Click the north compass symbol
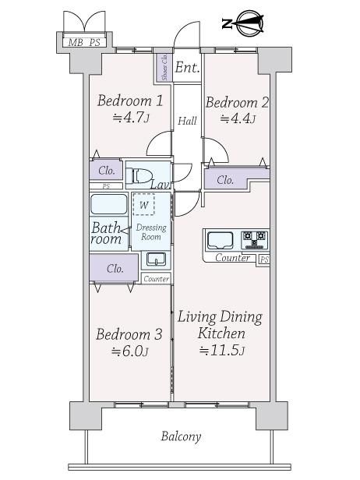[x=243, y=23]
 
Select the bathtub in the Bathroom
[x=109, y=204]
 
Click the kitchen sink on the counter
[x=220, y=241]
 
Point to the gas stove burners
[x=254, y=240]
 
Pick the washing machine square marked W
[x=143, y=204]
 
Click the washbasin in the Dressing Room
[x=156, y=259]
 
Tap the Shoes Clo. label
[x=164, y=67]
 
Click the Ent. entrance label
[x=187, y=67]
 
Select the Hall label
[x=187, y=121]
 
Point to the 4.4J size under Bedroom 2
[x=238, y=118]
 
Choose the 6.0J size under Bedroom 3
[x=130, y=351]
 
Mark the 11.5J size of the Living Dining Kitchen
[x=222, y=350]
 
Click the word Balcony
[x=181, y=436]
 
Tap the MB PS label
[x=84, y=42]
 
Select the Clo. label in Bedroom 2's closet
[x=225, y=180]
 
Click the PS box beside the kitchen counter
[x=263, y=259]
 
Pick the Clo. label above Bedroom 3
[x=115, y=269]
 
